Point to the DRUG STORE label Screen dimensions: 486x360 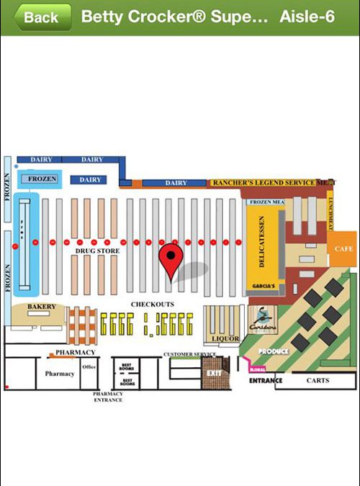tap(97, 251)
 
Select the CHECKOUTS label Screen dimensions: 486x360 tap(152, 305)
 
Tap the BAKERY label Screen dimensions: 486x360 tap(42, 307)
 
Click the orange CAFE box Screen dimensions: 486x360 tap(342, 248)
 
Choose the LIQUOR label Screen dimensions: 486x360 tap(225, 338)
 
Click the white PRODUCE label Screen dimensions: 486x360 tap(274, 351)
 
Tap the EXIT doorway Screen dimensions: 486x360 tap(214, 374)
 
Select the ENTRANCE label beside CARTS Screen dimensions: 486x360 tap(266, 380)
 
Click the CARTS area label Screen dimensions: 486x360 tap(318, 380)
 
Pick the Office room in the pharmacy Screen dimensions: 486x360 tap(89, 367)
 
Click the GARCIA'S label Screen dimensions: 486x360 tap(264, 286)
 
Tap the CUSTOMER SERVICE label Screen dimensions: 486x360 tap(190, 354)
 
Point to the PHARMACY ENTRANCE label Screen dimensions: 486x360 tap(108, 397)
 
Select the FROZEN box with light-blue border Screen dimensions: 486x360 tap(42, 179)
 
